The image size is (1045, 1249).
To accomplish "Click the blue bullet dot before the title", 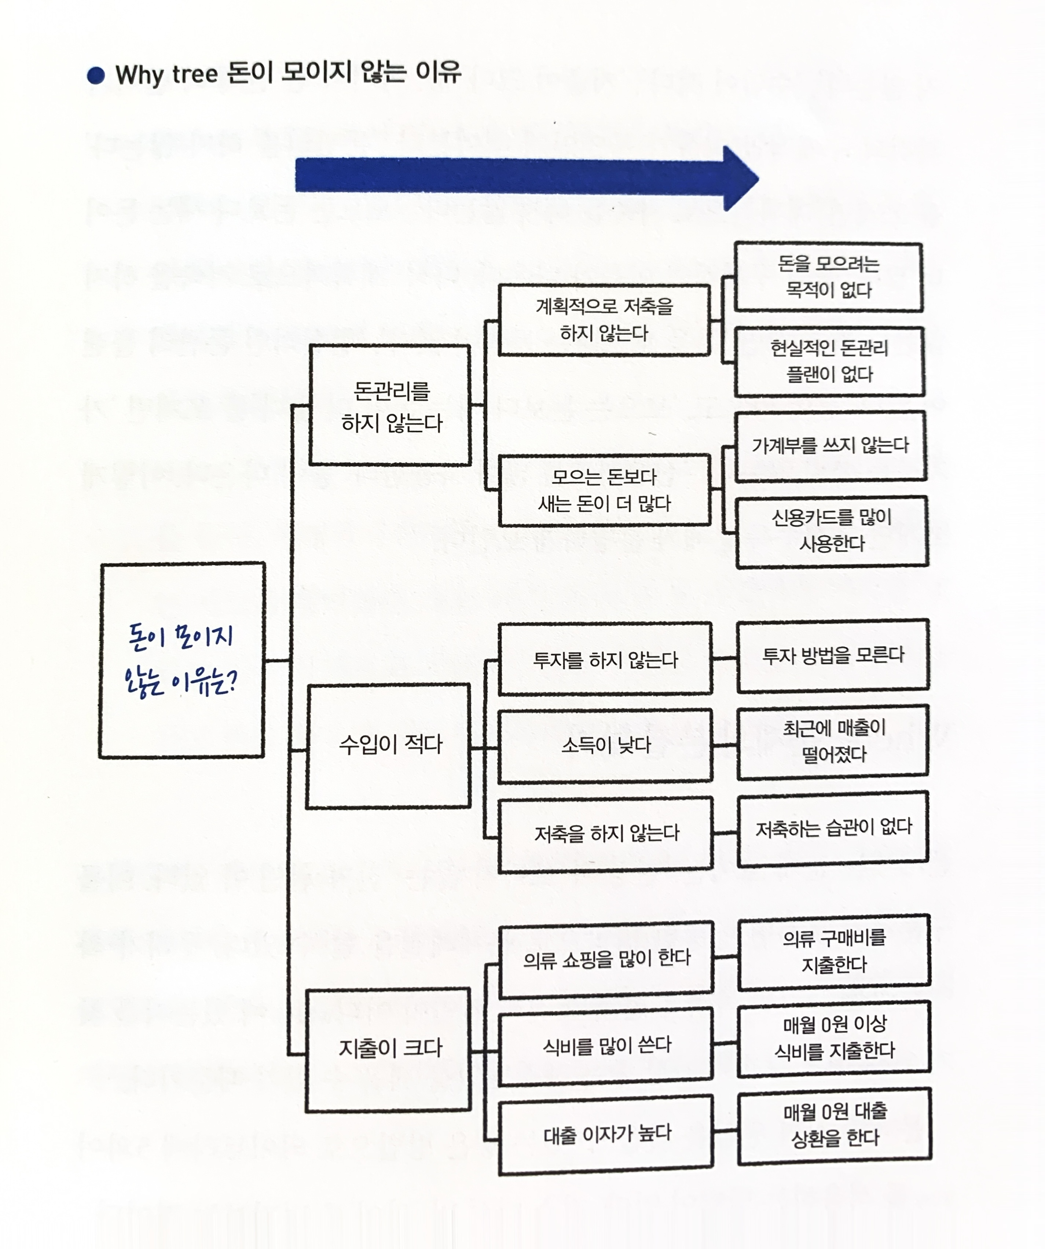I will (x=96, y=76).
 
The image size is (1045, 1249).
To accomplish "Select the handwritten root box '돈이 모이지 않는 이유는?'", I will (x=182, y=660).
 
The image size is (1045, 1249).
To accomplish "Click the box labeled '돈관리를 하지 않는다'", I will (x=390, y=405).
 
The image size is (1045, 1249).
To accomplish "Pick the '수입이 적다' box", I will (x=389, y=746).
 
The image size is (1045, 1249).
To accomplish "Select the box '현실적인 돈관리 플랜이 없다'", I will (x=830, y=361).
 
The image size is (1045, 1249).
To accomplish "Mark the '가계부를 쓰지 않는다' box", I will (x=831, y=445).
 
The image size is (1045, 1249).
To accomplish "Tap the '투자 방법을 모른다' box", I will (x=833, y=655).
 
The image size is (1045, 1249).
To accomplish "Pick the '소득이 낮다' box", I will (x=605, y=745).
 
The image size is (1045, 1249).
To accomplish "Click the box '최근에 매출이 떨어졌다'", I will (x=833, y=741).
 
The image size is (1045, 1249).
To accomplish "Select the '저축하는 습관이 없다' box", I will (x=833, y=828).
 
